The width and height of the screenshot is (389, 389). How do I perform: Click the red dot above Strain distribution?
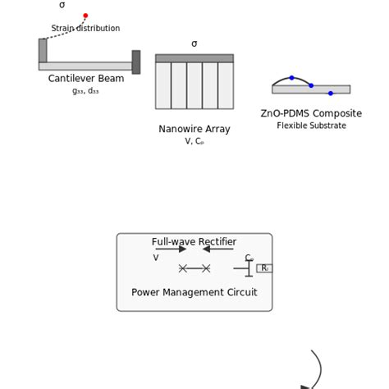[85, 16]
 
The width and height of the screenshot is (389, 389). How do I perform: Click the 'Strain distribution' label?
[85, 29]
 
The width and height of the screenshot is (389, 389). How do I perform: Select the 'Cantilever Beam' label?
[86, 79]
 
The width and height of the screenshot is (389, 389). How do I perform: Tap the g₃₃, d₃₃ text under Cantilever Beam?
[85, 91]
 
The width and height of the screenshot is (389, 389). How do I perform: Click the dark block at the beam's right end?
[135, 62]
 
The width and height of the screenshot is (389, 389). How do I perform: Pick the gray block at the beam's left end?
[43, 51]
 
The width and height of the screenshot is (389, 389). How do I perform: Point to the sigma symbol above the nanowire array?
[194, 44]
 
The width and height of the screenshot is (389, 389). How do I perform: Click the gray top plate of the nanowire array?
[194, 58]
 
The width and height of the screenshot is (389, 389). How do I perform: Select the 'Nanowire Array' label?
[194, 129]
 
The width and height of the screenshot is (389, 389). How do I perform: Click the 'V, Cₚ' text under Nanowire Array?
[194, 141]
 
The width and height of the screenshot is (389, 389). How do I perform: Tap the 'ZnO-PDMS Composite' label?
[311, 114]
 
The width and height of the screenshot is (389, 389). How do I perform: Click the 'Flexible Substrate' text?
[311, 126]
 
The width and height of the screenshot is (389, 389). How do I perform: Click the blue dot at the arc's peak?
[291, 78]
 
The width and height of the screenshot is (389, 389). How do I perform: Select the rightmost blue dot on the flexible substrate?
[331, 93]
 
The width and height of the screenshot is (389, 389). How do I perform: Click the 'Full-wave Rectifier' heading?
[194, 242]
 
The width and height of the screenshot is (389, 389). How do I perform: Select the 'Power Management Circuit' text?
[194, 292]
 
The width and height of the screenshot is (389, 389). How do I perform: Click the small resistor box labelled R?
[264, 268]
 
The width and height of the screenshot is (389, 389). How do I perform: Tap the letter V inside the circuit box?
[156, 258]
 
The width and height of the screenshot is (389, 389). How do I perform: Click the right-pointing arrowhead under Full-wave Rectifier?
[183, 249]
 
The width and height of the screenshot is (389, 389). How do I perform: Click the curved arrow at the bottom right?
[317, 369]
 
